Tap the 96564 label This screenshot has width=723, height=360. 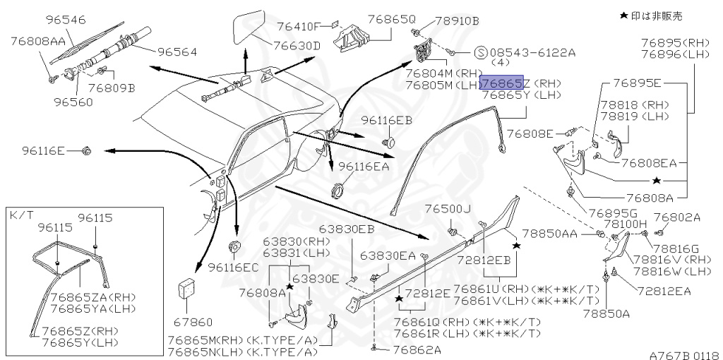point(177,52)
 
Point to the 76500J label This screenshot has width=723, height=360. point(448,209)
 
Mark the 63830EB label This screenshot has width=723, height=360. point(347,229)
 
